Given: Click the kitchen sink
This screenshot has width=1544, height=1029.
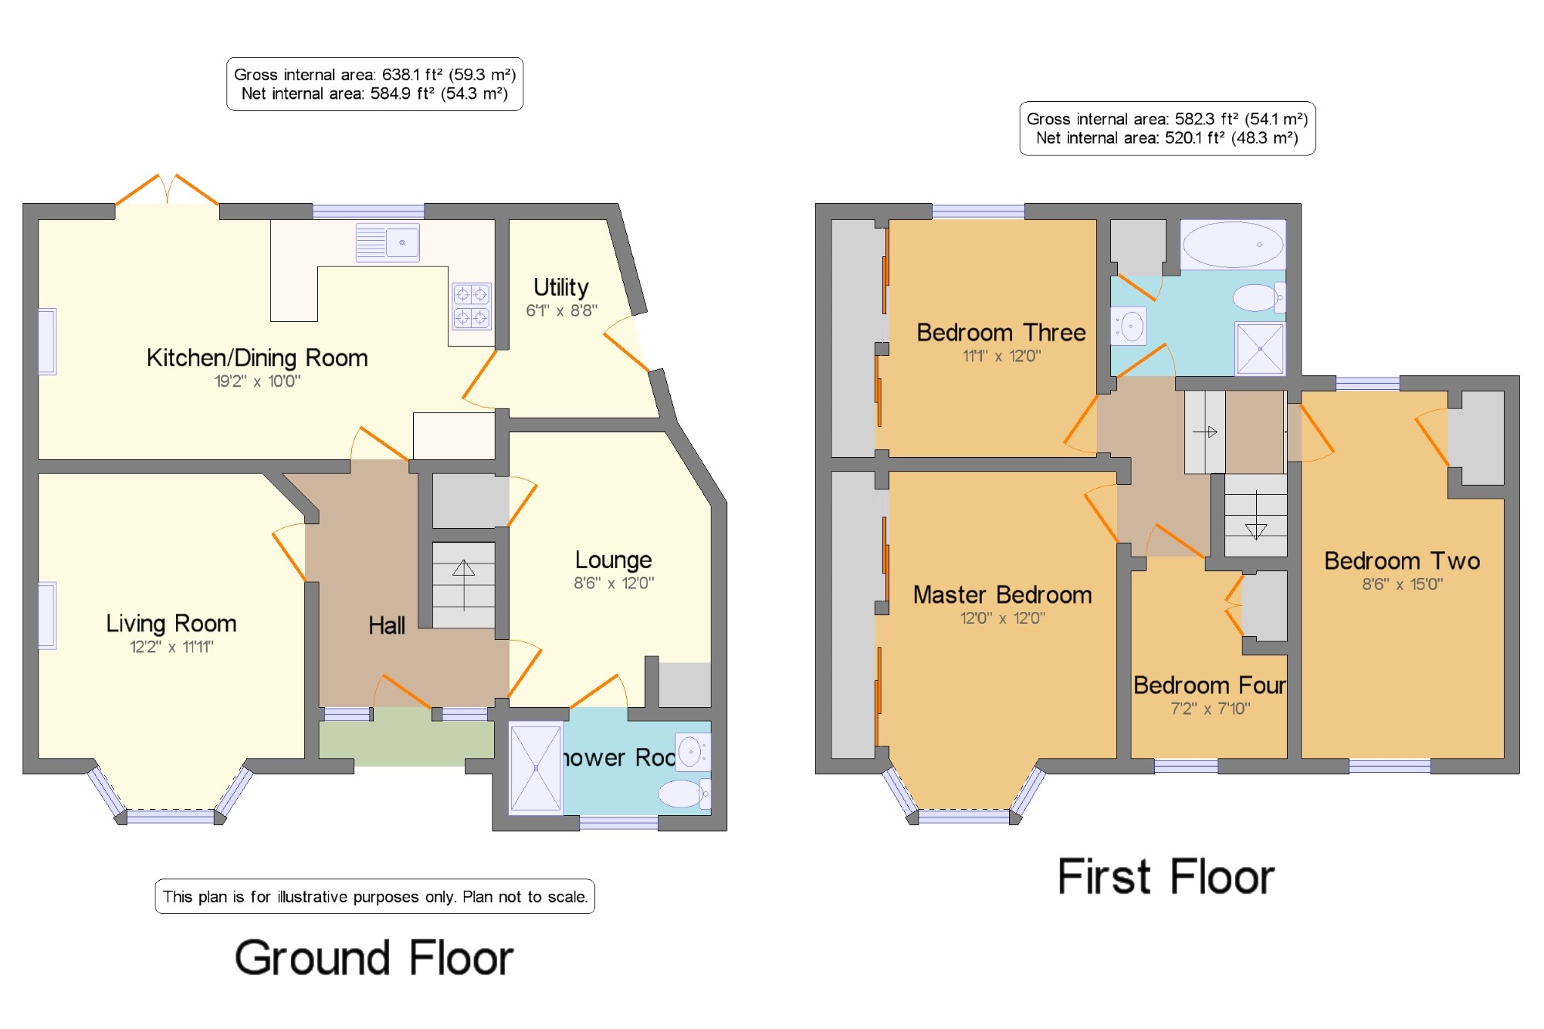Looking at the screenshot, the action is [x=388, y=242].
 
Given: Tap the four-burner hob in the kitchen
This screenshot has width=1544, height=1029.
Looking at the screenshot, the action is [x=472, y=306].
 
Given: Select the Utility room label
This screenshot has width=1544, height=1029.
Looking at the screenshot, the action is [x=561, y=287].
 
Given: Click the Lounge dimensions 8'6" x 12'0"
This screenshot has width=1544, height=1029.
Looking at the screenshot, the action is [x=614, y=584].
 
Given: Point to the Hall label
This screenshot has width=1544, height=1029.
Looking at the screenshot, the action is [x=387, y=625].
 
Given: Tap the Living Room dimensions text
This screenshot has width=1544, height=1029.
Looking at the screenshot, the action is [x=171, y=647].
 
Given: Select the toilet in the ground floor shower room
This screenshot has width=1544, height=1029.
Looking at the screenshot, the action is [x=684, y=793].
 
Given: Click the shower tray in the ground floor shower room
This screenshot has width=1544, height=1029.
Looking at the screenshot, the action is [x=536, y=769].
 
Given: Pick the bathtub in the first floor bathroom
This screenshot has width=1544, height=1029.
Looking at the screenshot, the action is [x=1233, y=245].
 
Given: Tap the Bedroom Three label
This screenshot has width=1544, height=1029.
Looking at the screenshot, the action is [x=1001, y=333].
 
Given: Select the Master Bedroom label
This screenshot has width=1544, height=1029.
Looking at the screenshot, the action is [x=1003, y=595].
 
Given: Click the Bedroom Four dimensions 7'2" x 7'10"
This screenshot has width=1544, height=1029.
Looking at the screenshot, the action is [x=1210, y=709].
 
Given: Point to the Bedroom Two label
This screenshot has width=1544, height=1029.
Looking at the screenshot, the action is [x=1402, y=561].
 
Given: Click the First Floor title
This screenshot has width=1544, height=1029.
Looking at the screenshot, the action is [x=1166, y=877].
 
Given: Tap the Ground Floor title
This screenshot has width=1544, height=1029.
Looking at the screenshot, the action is [x=374, y=958].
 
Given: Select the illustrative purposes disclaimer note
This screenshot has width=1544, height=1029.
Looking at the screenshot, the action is [x=375, y=897].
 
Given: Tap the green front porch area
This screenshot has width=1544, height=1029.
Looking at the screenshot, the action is [x=407, y=743].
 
